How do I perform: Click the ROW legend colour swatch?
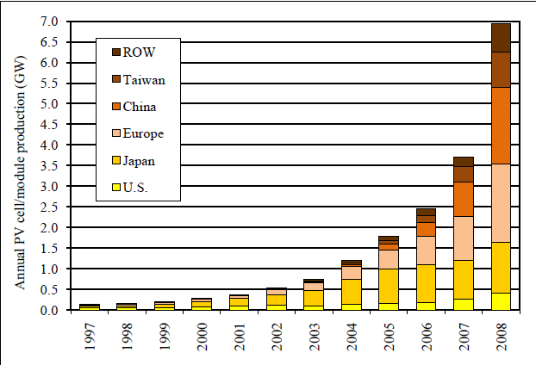pos(113,51)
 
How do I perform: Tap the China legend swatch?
pos(113,106)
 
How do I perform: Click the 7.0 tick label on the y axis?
pos(49,21)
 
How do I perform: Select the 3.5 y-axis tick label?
pos(49,165)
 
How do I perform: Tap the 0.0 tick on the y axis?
pos(49,310)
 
